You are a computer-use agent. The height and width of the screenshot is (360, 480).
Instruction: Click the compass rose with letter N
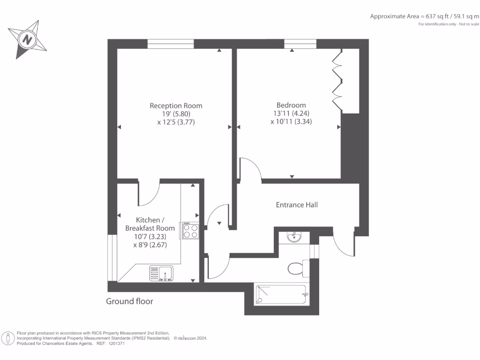tap(28, 39)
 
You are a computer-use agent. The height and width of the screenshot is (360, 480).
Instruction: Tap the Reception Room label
tap(176, 105)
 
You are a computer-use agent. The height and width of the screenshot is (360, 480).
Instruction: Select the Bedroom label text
tap(291, 105)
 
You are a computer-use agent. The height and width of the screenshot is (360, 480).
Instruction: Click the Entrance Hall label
tap(297, 205)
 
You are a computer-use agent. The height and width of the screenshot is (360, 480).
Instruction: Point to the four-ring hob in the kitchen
tap(190, 231)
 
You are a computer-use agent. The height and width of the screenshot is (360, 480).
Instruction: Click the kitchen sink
tap(161, 273)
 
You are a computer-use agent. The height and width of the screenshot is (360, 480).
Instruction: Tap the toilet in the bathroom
tap(297, 268)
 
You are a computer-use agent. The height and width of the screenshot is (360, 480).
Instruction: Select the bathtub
tap(280, 295)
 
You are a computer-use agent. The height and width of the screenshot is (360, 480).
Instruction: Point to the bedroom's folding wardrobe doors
tap(337, 80)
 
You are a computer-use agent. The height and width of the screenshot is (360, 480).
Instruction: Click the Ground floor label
tap(129, 301)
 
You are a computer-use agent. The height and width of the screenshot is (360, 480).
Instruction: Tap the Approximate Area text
tap(424, 16)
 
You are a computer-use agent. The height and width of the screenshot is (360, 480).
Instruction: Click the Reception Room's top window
tap(170, 44)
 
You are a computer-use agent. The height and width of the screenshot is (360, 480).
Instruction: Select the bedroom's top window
tap(300, 44)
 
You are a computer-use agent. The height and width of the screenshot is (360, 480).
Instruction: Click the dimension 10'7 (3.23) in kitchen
tap(150, 236)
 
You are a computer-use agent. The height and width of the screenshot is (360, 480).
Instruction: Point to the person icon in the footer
tap(8, 338)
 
